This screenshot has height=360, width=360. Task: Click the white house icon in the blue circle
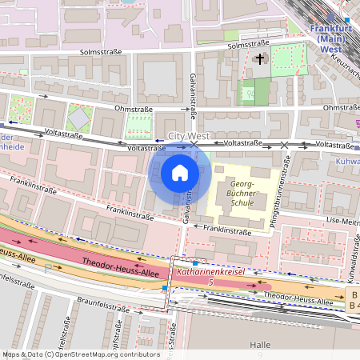[x=180, y=172]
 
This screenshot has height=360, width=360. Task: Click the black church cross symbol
[x=259, y=59]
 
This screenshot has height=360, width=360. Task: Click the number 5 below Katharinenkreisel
[x=210, y=282]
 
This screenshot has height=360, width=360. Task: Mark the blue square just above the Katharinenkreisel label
[x=195, y=262]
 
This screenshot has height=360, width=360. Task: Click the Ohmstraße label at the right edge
[x=340, y=107]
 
